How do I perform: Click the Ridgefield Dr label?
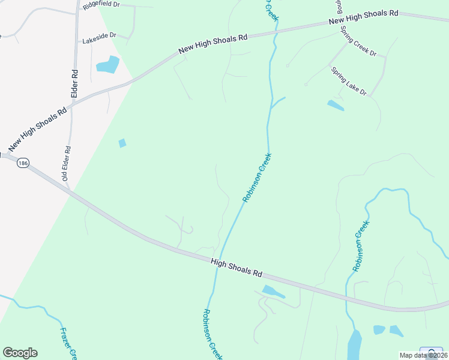(x=101, y=4)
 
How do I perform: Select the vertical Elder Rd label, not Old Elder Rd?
(x=75, y=83)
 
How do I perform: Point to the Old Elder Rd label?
(x=67, y=164)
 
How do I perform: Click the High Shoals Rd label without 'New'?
(x=237, y=268)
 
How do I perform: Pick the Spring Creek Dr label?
(x=358, y=41)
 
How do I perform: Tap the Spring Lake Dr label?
(x=349, y=80)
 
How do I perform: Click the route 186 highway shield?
(x=23, y=163)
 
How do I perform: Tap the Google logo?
(x=20, y=353)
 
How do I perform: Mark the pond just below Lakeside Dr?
(x=108, y=64)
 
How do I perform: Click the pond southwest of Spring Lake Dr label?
(x=336, y=106)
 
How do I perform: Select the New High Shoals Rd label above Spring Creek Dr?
(x=364, y=17)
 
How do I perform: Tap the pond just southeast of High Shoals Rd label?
(x=273, y=292)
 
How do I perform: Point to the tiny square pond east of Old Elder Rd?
(x=122, y=143)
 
